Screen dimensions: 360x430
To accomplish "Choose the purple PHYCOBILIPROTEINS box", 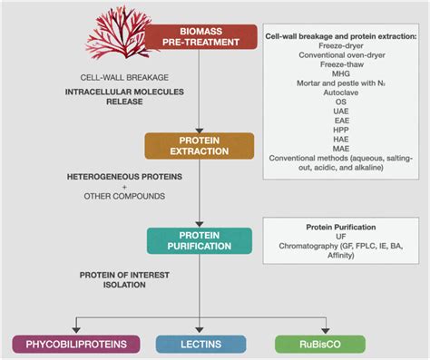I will (75, 344).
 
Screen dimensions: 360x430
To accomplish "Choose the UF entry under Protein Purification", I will (341, 238).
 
